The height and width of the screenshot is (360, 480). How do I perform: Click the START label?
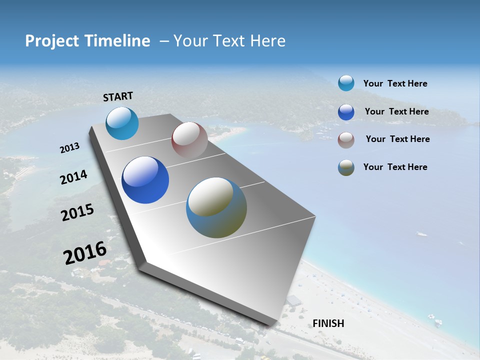coord(118,96)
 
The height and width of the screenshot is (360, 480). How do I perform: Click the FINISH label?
coord(328,323)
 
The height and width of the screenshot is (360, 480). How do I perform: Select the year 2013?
coord(69,148)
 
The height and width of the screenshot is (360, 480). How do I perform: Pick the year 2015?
coord(77,212)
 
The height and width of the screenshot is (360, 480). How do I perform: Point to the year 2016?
coord(85,253)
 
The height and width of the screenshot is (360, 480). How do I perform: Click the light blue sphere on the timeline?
coord(122,123)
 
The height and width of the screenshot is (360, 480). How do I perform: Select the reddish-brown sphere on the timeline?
coord(189,140)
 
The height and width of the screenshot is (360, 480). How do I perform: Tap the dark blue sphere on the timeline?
coord(145,180)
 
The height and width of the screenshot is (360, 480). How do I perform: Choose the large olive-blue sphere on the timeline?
coord(216,207)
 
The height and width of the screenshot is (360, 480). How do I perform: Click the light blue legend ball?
coord(346,83)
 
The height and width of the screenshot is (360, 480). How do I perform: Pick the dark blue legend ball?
coord(346,112)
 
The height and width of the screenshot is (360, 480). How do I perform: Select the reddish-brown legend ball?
coord(346,140)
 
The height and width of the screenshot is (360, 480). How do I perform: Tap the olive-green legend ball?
coord(346,167)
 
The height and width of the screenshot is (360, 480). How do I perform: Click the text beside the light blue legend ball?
coord(395,84)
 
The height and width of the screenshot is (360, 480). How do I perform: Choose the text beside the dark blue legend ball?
coord(396,111)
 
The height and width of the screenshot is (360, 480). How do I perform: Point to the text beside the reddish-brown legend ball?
coord(397,139)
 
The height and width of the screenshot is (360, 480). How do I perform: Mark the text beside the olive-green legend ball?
coord(395,167)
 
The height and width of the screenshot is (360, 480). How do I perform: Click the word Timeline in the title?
coord(115,41)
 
